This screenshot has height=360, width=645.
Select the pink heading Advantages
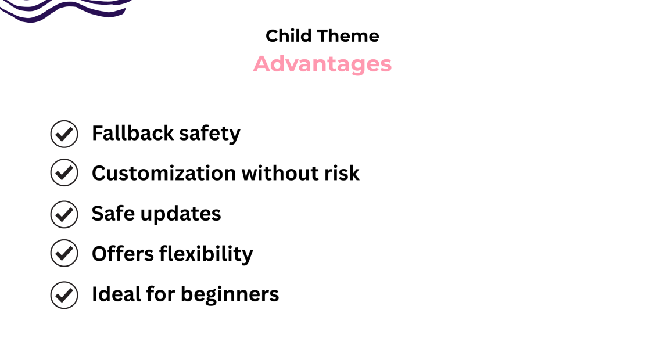[x=322, y=64]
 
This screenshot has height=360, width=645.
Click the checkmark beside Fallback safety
[x=64, y=134]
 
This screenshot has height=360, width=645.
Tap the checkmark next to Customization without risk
[x=64, y=172]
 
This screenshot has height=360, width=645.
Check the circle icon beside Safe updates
[x=64, y=214]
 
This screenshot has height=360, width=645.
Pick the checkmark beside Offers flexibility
[x=64, y=253]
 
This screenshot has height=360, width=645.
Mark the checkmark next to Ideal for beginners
[x=64, y=295]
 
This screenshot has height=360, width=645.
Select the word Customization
[x=163, y=173]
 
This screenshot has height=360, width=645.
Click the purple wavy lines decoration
[x=64, y=9]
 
